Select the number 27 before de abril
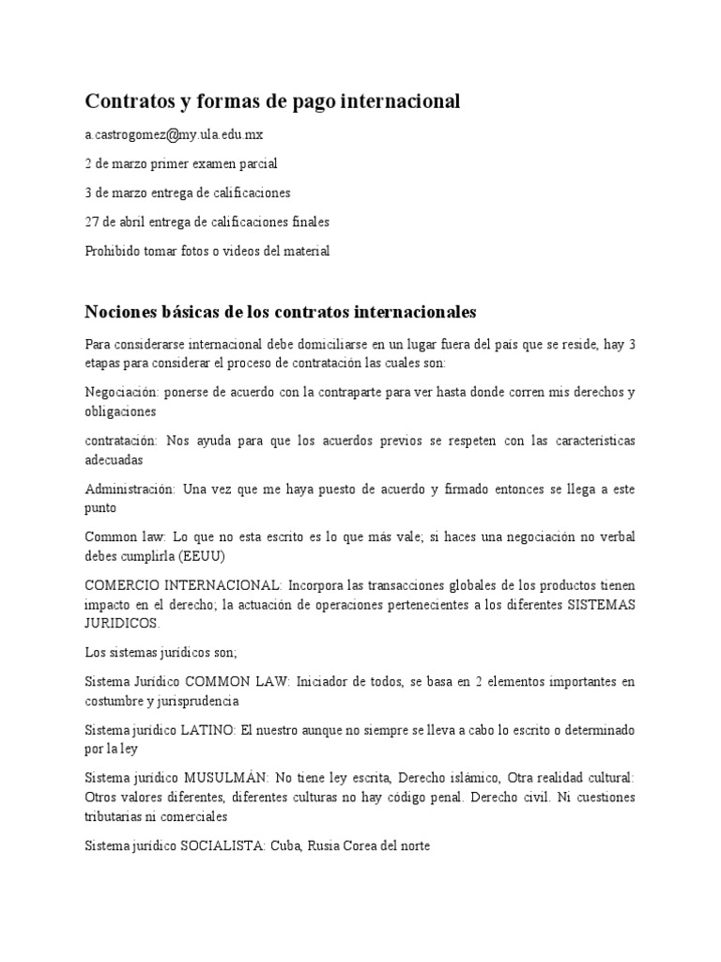click(92, 222)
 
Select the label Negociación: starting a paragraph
click(120, 392)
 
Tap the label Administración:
click(130, 489)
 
